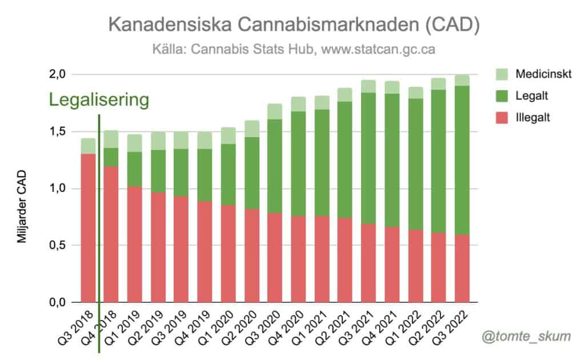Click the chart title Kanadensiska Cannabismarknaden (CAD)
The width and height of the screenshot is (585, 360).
click(293, 25)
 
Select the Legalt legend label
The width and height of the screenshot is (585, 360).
click(530, 97)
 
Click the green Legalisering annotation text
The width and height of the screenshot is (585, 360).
click(99, 100)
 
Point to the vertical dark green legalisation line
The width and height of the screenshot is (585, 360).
click(99, 229)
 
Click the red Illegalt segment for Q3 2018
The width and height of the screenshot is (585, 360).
click(88, 229)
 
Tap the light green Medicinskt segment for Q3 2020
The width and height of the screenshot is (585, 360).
click(275, 111)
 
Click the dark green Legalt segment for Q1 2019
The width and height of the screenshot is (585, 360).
click(135, 169)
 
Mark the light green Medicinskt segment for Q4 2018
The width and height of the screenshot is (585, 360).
click(111, 139)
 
